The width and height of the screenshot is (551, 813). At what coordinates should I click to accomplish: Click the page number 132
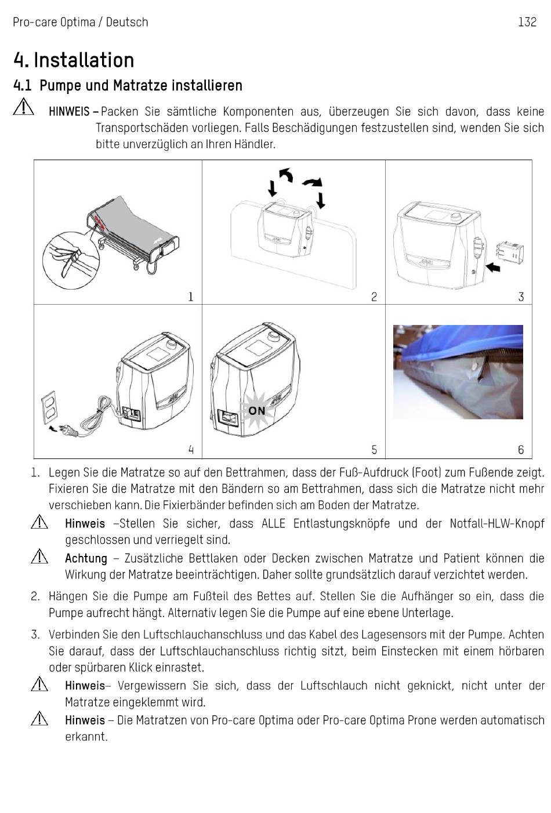point(527,22)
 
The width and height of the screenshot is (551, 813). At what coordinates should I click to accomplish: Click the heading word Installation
point(84,60)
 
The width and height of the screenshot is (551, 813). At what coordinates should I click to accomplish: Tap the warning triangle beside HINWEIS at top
point(24,107)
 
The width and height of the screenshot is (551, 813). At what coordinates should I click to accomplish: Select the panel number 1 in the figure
point(191,297)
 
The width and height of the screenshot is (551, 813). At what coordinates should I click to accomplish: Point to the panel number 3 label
point(521,297)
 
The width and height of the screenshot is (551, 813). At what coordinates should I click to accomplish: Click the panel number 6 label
point(521,450)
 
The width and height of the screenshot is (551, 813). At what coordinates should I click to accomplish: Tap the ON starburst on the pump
point(256,410)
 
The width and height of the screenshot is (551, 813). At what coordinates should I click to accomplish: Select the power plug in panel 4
point(67,431)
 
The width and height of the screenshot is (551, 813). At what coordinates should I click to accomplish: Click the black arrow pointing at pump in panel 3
point(493,268)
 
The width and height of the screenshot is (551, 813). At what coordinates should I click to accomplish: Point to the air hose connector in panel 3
point(510,251)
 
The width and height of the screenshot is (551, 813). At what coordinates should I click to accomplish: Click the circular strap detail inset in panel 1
point(71,261)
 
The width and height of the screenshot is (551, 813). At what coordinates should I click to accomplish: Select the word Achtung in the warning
point(86,558)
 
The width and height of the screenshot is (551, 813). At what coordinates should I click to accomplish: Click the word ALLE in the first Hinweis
point(273,523)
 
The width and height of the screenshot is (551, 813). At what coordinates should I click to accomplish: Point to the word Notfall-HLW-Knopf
point(497,523)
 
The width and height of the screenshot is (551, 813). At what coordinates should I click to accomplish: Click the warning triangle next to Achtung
point(39,557)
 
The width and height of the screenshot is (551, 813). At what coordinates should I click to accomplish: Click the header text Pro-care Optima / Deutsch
point(81,23)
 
